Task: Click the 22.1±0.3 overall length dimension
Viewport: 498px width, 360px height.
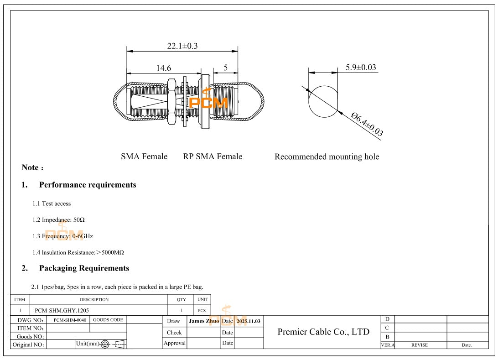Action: tap(182, 46)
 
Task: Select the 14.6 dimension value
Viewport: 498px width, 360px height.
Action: tap(164, 68)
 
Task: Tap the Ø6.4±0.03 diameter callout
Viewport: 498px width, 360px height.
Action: tap(367, 124)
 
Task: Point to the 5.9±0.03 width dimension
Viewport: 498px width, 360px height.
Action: tap(360, 68)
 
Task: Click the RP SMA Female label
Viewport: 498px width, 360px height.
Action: tap(213, 157)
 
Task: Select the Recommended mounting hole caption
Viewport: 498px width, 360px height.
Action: tap(327, 157)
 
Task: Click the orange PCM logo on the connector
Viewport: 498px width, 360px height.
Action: tap(208, 103)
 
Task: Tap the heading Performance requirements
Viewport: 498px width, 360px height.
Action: tap(88, 185)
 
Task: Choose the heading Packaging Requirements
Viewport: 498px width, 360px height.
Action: tap(84, 268)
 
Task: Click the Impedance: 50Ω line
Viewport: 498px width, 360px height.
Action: tap(63, 219)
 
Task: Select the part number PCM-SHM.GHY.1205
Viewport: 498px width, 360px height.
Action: tap(65, 310)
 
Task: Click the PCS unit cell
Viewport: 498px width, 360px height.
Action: tap(202, 310)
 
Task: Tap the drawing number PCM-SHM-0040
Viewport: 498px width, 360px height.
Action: tap(69, 320)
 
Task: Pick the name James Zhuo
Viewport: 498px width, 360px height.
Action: tap(204, 321)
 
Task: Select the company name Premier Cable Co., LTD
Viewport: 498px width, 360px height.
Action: tap(323, 332)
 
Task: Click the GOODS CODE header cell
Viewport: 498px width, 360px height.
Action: tap(108, 320)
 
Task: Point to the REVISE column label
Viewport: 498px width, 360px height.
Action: tap(420, 345)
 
